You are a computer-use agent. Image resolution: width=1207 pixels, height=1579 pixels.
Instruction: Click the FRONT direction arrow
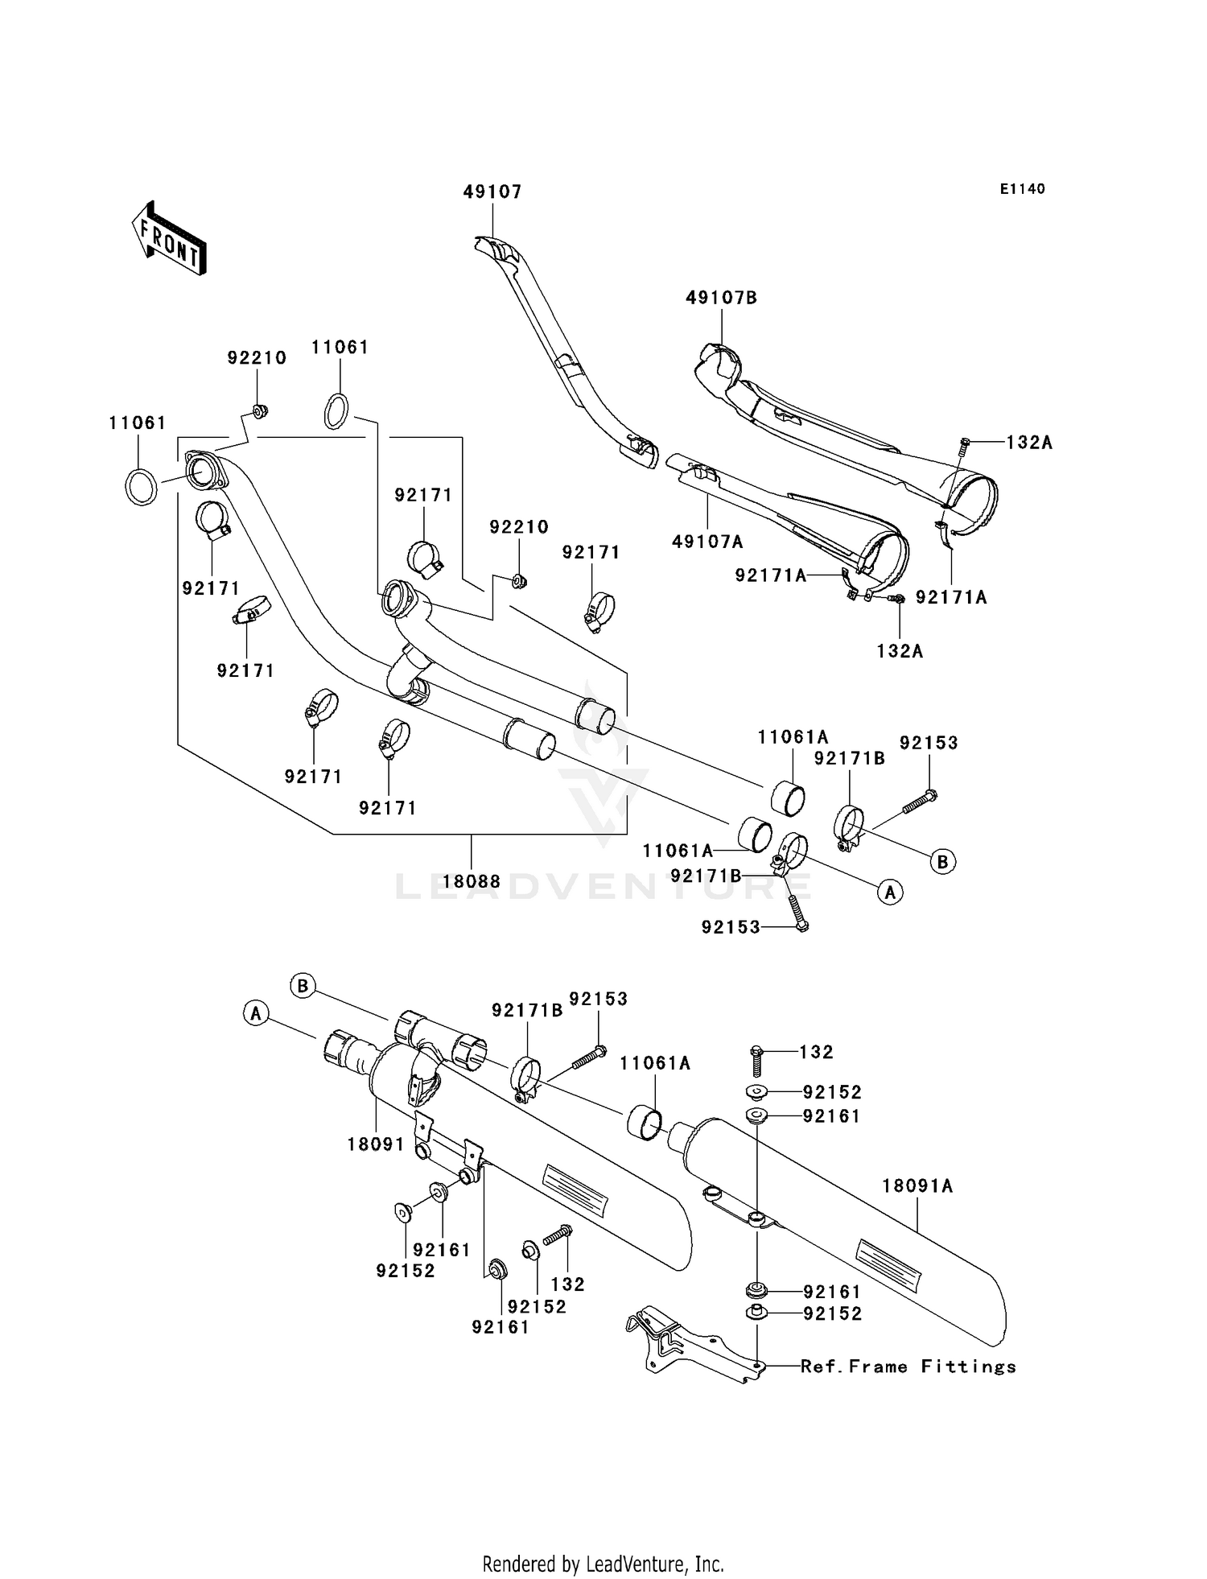[169, 237]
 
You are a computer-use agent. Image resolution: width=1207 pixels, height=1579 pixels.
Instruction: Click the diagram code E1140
[1023, 189]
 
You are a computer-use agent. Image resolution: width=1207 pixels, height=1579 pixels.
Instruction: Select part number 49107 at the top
[492, 192]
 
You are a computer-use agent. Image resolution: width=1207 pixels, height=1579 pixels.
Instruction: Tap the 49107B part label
[722, 297]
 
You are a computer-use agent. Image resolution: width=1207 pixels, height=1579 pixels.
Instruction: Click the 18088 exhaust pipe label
[472, 881]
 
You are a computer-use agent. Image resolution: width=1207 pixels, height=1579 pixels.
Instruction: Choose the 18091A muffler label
[917, 1185]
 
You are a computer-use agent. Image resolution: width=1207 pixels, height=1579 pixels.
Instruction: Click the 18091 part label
[376, 1144]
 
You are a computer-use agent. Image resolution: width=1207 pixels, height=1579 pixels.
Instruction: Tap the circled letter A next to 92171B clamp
[890, 891]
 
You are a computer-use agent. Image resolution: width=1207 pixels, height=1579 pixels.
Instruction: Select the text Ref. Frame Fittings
[908, 1367]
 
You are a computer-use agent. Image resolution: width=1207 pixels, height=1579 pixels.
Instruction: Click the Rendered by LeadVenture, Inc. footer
[603, 1564]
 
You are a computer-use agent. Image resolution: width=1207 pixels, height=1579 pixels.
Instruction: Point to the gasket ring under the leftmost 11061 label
[141, 485]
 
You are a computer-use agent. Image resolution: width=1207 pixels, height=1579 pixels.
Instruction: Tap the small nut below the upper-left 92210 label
[259, 412]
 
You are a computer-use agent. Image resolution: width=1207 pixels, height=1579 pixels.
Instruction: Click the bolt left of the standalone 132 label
[756, 1061]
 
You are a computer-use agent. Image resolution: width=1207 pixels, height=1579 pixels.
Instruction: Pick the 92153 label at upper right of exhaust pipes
[929, 743]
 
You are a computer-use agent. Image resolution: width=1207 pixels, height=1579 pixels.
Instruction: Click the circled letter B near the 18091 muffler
[303, 986]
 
